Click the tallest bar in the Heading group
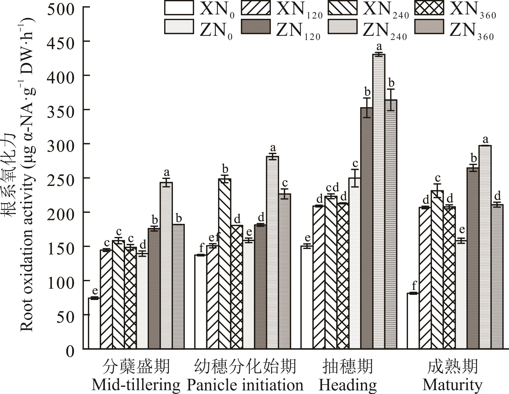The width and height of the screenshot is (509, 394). [x=379, y=201]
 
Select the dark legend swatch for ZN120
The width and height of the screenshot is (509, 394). [x=256, y=27]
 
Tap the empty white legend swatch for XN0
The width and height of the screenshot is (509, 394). [x=179, y=8]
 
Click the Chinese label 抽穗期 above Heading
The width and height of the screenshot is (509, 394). [x=348, y=366]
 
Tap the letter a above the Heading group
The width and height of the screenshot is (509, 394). [x=379, y=47]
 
